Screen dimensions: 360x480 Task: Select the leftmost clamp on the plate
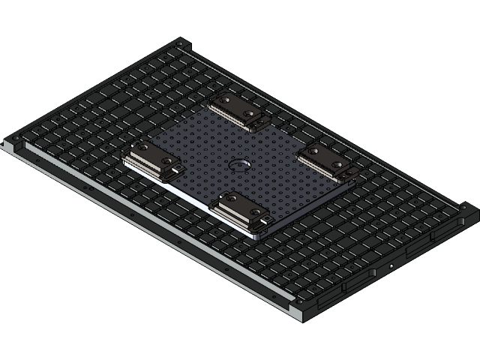tap(150, 159)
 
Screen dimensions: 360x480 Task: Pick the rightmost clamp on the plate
tap(327, 162)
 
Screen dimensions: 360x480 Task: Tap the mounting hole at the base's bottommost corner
tap(299, 304)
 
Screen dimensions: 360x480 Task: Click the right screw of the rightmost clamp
tap(338, 165)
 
